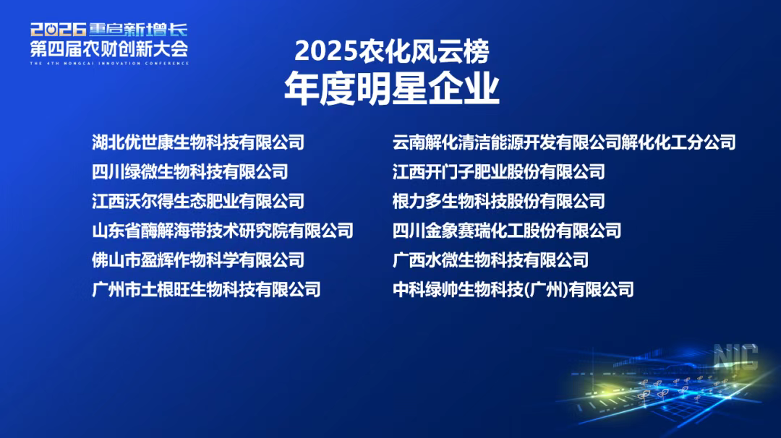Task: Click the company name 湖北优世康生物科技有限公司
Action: tap(198, 142)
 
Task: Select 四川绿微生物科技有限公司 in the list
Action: tap(189, 172)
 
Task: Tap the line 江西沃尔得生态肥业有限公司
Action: tap(198, 201)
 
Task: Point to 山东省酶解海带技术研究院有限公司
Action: tap(223, 231)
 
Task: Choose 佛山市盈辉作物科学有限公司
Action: tap(198, 259)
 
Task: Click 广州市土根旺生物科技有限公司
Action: tap(206, 289)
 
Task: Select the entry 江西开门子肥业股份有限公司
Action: tap(498, 172)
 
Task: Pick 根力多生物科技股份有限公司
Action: tap(498, 201)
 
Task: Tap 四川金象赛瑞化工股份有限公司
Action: tap(506, 231)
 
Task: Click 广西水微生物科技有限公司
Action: tap(490, 259)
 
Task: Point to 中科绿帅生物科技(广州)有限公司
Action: tap(513, 289)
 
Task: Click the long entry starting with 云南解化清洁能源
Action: tap(564, 142)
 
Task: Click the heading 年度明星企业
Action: tap(392, 88)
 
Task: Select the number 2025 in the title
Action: tap(325, 51)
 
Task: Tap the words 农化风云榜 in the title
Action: tap(424, 51)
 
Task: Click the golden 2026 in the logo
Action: tap(59, 30)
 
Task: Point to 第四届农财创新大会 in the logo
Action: tap(109, 48)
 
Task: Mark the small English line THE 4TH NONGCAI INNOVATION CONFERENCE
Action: tap(109, 63)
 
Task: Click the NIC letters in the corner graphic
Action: tap(735, 356)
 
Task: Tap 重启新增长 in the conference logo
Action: tap(138, 30)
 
